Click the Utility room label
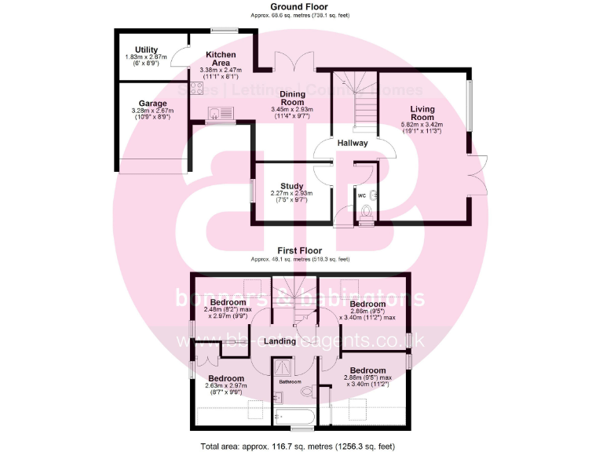(x=146, y=49)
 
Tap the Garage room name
(x=152, y=103)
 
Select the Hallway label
(x=353, y=144)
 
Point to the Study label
(x=292, y=186)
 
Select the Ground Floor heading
(x=301, y=6)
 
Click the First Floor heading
(x=301, y=250)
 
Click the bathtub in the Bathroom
(x=296, y=417)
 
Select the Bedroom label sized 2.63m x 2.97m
(x=228, y=377)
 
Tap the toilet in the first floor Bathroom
(x=307, y=391)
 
